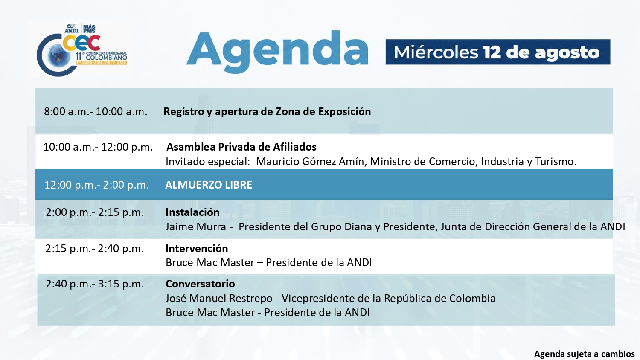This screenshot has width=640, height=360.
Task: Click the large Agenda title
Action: (x=277, y=52)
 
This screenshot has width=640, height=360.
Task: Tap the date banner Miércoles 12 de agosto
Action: (x=498, y=52)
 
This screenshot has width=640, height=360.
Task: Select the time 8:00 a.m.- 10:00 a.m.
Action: (x=96, y=111)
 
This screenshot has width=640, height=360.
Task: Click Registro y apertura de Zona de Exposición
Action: (x=267, y=111)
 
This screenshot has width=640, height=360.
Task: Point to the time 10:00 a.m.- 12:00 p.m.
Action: (x=98, y=147)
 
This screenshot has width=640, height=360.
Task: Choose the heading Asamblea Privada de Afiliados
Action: (x=241, y=147)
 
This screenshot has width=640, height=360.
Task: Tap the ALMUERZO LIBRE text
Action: (x=209, y=185)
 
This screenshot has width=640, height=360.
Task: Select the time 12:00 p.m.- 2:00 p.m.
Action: (x=97, y=185)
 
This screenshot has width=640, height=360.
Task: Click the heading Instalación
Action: (x=192, y=212)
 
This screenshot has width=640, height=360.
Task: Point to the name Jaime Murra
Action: (x=196, y=227)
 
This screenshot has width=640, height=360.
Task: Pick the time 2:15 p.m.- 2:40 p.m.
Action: (x=95, y=249)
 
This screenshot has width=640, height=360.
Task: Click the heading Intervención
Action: (x=197, y=249)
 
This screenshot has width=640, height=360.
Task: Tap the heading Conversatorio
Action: (x=200, y=284)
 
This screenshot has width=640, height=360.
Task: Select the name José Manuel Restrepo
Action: (x=219, y=298)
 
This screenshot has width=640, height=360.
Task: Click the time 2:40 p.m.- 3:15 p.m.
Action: (x=95, y=284)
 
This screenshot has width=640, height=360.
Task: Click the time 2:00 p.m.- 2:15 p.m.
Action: (x=95, y=212)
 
